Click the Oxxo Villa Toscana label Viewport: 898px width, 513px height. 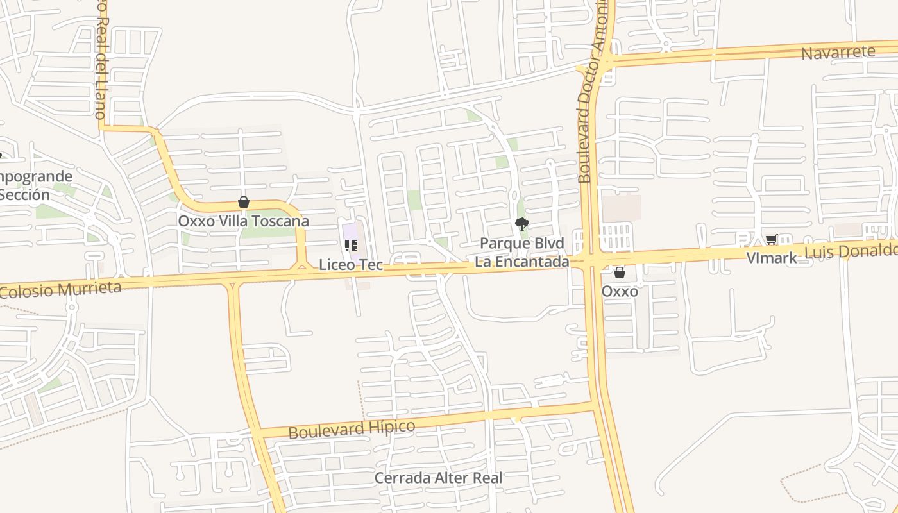243,221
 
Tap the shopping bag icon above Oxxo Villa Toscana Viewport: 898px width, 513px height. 243,202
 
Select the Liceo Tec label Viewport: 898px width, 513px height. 351,264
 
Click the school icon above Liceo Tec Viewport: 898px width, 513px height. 350,246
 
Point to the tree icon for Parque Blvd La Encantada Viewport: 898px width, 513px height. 522,224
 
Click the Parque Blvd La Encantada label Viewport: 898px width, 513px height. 522,253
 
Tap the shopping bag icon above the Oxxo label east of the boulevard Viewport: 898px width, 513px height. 619,273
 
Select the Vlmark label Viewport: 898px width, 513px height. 771,258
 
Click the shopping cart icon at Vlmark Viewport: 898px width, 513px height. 771,240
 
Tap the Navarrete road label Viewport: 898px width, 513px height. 838,53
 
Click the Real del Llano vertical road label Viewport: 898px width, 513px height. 101,64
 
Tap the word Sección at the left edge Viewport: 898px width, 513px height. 24,195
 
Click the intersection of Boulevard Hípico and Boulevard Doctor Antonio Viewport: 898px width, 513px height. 593,405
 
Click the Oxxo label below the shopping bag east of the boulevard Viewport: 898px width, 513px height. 620,291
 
